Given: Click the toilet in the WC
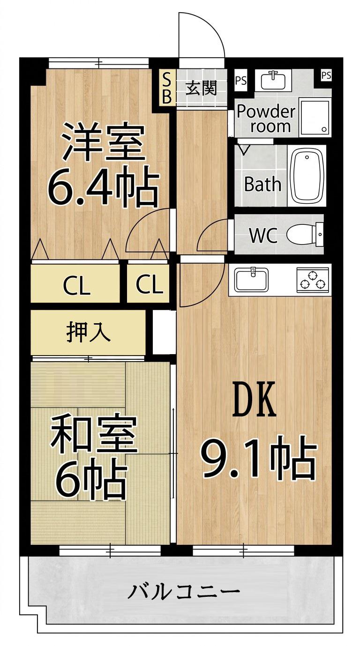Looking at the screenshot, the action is (x=305, y=234).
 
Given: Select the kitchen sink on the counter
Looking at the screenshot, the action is (x=251, y=280).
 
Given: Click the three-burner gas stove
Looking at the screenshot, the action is (x=312, y=280).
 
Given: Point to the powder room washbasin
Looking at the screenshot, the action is (x=273, y=80).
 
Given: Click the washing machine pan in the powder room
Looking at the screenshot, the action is (x=315, y=118).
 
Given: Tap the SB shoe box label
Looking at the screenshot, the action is (x=167, y=88).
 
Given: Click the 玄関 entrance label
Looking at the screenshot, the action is (x=201, y=88).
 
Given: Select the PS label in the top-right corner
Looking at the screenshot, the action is (x=326, y=75).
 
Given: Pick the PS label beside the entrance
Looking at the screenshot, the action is (x=240, y=81).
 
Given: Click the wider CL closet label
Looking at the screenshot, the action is (x=76, y=286).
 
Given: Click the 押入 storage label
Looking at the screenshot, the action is (x=88, y=334).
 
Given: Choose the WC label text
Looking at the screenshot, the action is (x=263, y=236).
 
